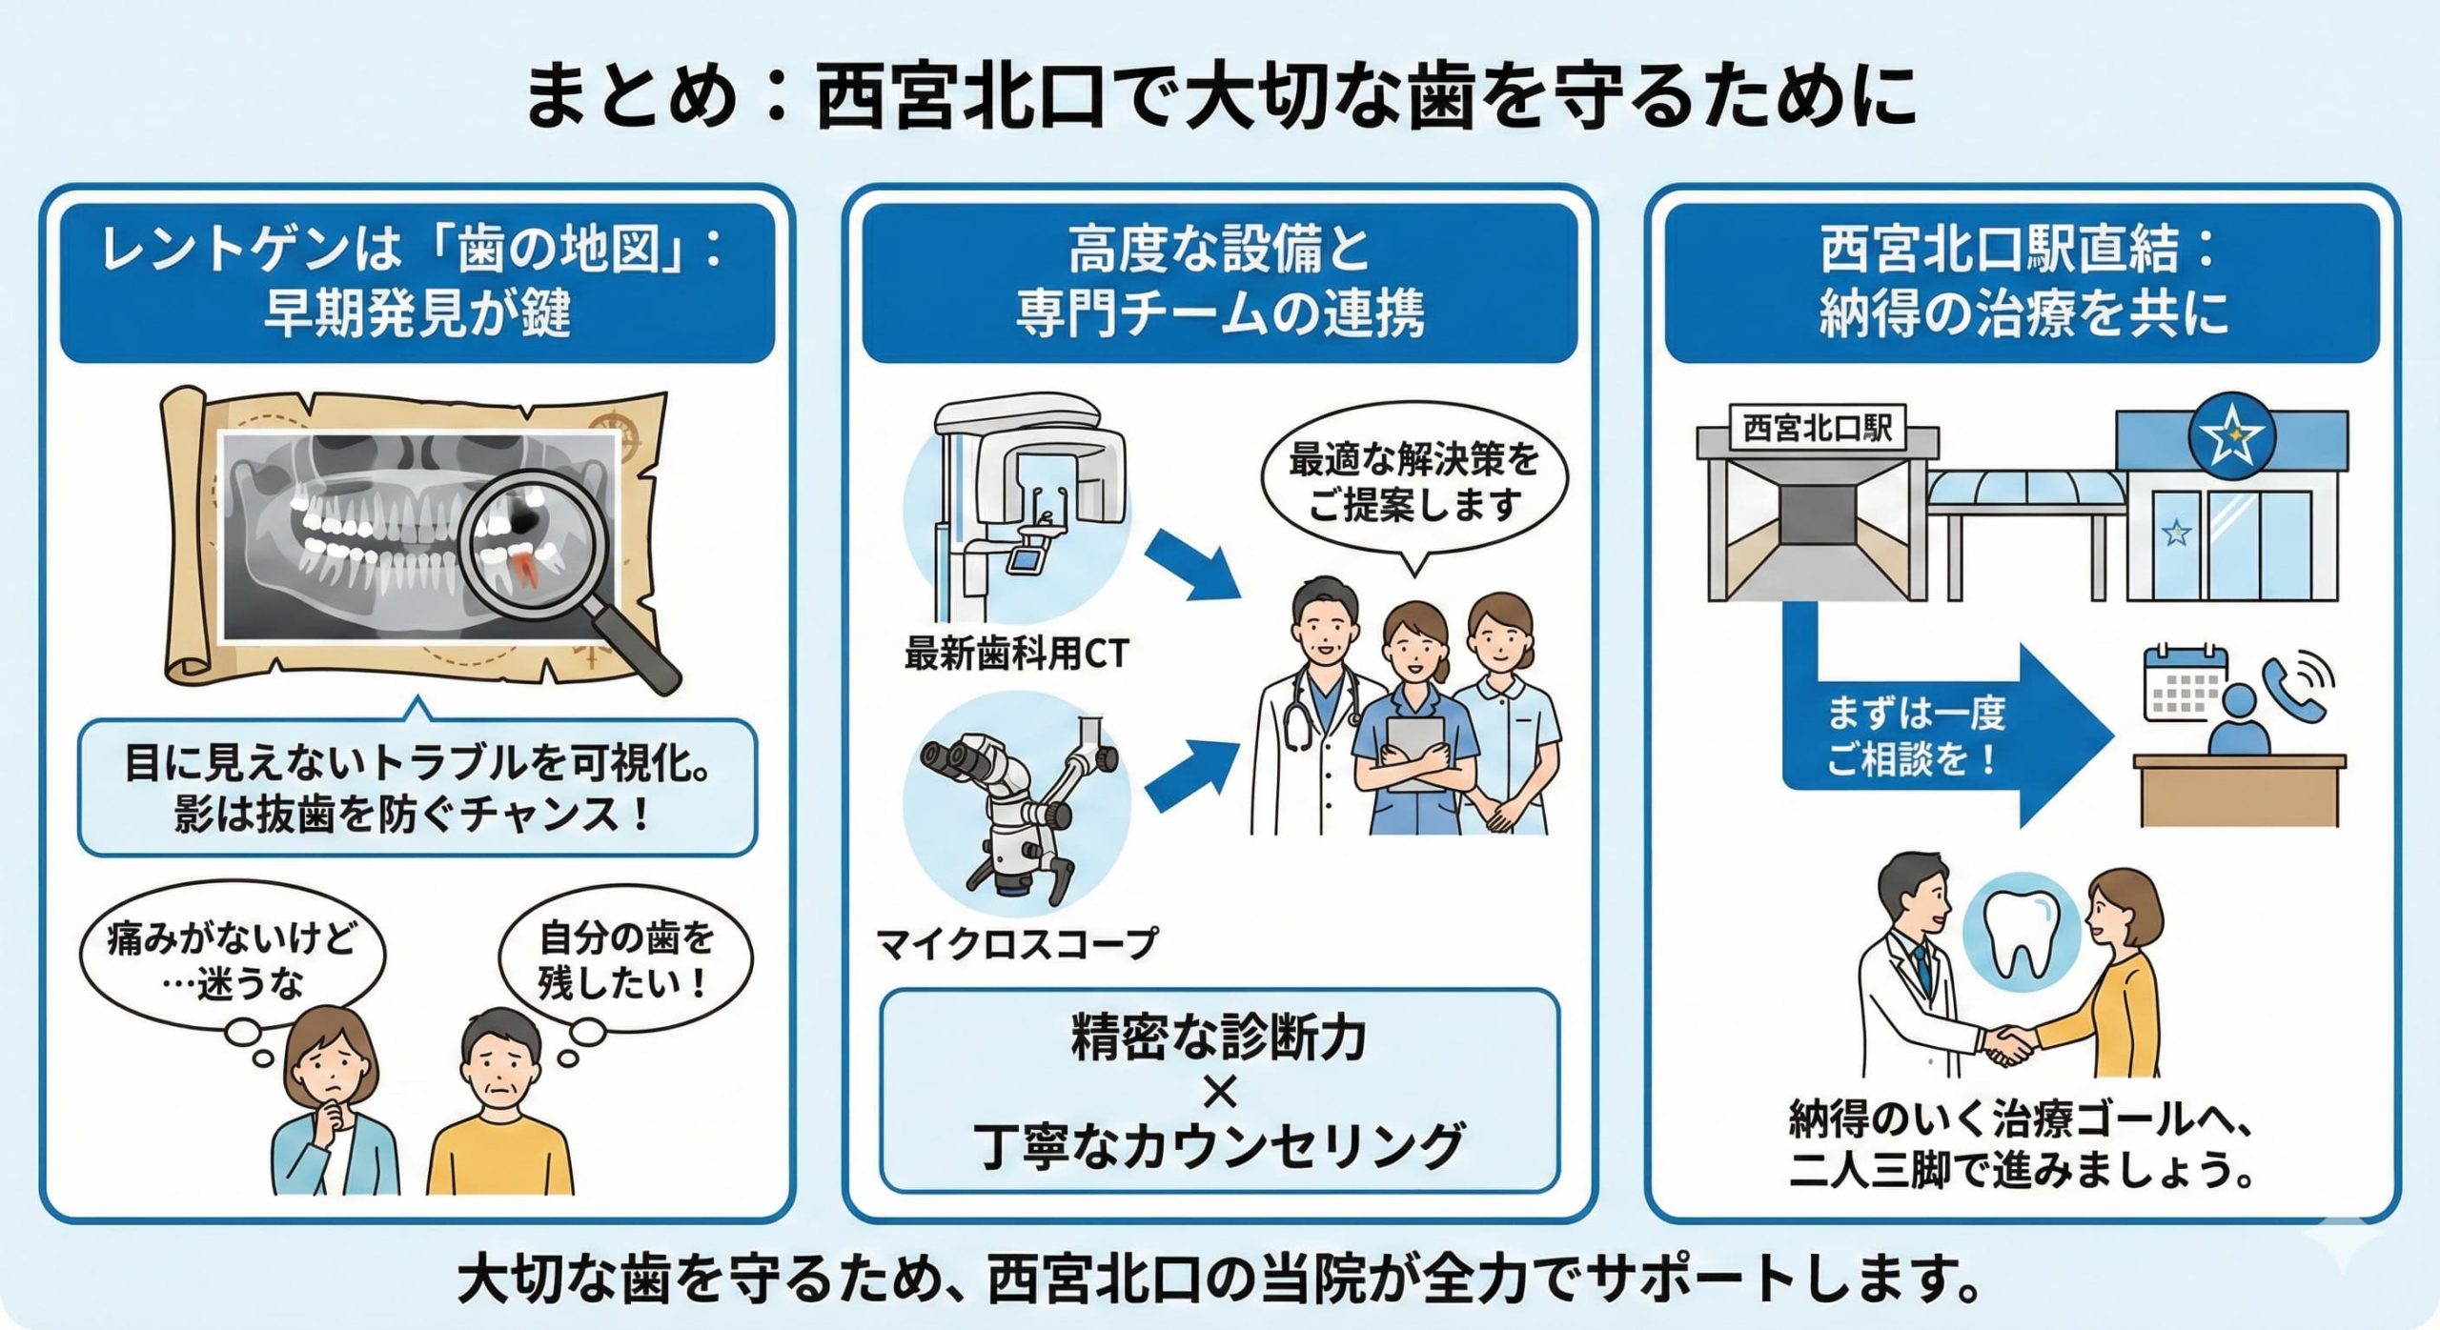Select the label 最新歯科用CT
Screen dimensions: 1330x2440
click(x=1017, y=655)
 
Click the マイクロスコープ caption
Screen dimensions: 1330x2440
click(x=1016, y=944)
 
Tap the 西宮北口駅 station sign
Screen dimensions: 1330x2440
click(x=1817, y=428)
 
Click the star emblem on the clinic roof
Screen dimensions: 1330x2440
click(x=2229, y=435)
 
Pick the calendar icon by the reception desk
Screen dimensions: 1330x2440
click(x=2184, y=683)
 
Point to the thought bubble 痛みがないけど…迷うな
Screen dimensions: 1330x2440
click(x=232, y=962)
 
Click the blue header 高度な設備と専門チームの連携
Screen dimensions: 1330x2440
click(x=1219, y=282)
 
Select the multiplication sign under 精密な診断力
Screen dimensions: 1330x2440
click(x=1219, y=1092)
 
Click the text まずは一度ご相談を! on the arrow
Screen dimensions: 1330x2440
click(x=1916, y=736)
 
